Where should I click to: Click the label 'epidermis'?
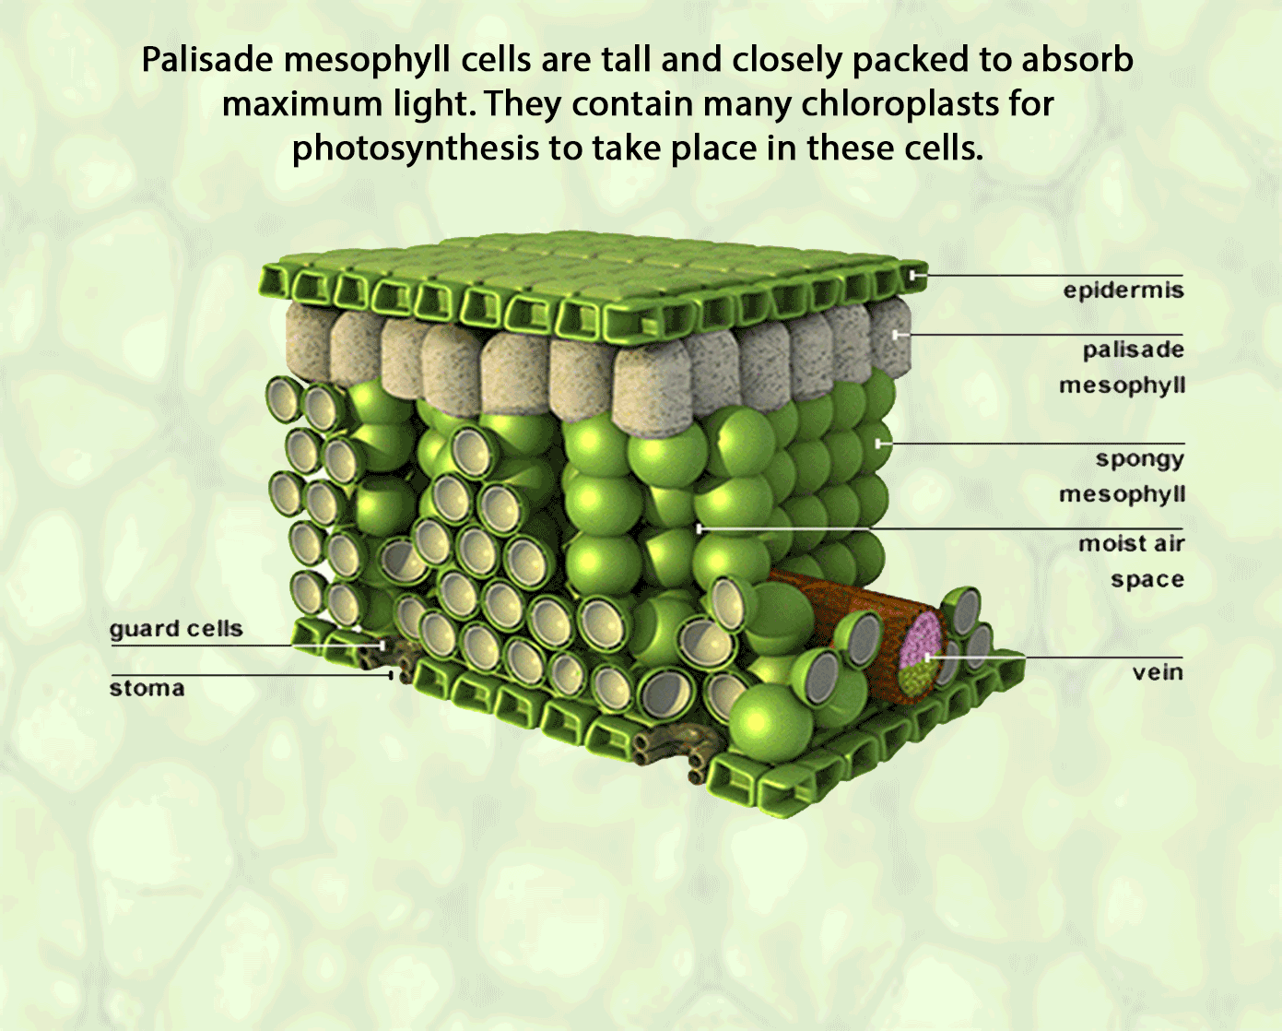(1123, 290)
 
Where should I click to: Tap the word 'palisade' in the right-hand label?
(1133, 350)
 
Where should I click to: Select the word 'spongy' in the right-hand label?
(1139, 458)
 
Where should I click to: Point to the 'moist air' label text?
(1131, 543)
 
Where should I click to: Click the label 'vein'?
(1158, 672)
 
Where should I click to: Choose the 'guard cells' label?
(176, 629)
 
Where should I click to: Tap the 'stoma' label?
(147, 688)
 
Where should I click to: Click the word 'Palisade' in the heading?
(207, 60)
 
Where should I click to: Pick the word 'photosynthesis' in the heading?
(415, 148)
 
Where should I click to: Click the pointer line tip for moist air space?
(700, 528)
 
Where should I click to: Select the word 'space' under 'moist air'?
(1147, 579)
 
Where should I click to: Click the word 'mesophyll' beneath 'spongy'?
(1122, 494)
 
